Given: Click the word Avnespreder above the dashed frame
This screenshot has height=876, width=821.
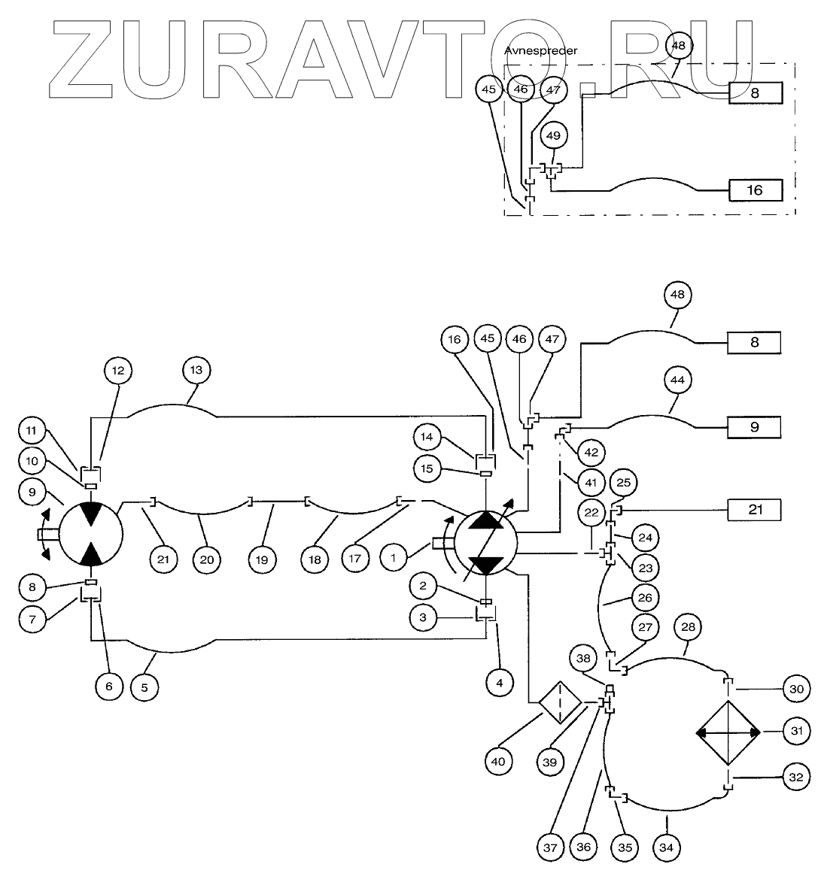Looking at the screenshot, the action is coord(540,50).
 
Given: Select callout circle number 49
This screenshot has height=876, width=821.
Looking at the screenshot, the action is coord(553,136).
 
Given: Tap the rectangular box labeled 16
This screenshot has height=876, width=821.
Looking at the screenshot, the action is coord(755,190).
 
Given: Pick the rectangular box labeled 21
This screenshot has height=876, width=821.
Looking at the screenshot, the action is coord(754,511).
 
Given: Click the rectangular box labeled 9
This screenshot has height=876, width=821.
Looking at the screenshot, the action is coord(754,427).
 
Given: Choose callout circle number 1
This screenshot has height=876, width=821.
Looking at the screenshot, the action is coord(393,557).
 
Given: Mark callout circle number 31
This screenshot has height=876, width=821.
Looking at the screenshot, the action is coord(797,730).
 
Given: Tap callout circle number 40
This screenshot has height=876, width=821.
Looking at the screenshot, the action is coord(497,761).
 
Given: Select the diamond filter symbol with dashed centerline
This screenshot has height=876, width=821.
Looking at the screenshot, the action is coord(560,703).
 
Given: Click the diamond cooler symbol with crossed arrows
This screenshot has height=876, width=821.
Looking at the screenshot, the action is coord(728,731).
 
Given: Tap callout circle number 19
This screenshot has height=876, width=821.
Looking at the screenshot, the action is coord(263,559).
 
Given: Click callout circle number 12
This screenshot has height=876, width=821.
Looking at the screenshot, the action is coord(118,370).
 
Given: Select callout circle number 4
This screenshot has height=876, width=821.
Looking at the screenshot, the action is coord(500,683).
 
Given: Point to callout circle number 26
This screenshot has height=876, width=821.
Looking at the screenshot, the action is coord(645,598).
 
